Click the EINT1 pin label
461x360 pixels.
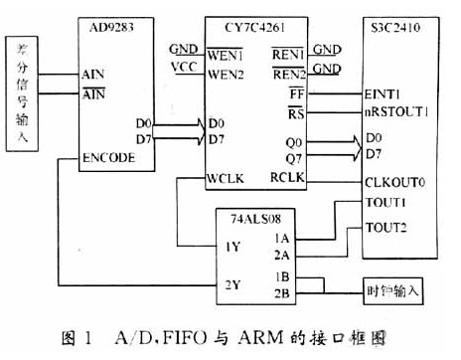[383, 91]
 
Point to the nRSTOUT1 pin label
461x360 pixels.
[395, 111]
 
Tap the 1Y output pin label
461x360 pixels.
[230, 246]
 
